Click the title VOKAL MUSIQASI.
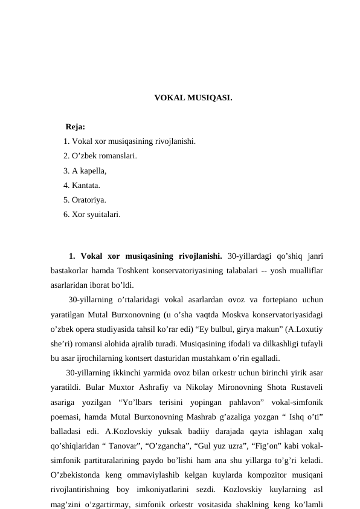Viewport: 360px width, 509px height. tap(193, 97)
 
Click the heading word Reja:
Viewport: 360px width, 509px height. tap(75, 127)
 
